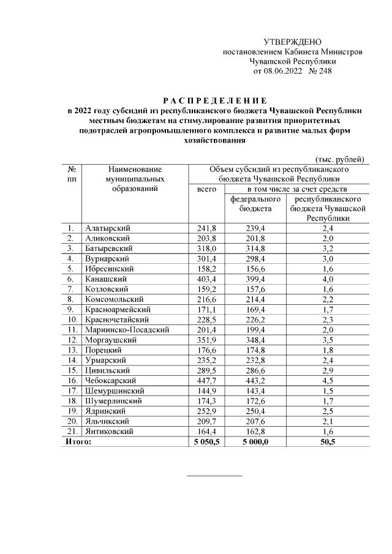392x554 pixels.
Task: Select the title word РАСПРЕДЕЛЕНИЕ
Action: [x=214, y=100]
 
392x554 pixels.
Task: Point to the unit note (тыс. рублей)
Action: [x=340, y=159]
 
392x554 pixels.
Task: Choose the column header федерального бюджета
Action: [x=255, y=204]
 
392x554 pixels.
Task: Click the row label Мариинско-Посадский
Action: [x=127, y=330]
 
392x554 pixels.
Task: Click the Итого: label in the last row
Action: [x=77, y=442]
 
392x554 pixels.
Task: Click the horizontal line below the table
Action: [x=214, y=476]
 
